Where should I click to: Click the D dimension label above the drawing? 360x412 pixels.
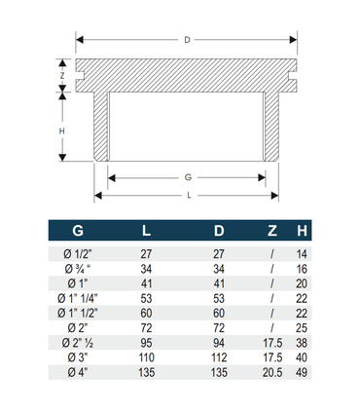click(x=187, y=40)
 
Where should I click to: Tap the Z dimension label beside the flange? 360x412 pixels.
click(x=62, y=76)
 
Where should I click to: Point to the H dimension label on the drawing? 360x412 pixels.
click(x=62, y=131)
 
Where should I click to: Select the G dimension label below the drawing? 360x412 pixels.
click(x=188, y=177)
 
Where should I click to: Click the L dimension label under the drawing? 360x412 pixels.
click(x=189, y=196)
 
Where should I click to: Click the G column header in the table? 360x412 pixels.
click(x=78, y=231)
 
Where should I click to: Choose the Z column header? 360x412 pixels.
click(x=272, y=231)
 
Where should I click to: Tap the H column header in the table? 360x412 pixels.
click(x=302, y=231)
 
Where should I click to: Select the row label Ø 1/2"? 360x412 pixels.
click(x=78, y=254)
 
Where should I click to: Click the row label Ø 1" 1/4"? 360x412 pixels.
click(x=78, y=298)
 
